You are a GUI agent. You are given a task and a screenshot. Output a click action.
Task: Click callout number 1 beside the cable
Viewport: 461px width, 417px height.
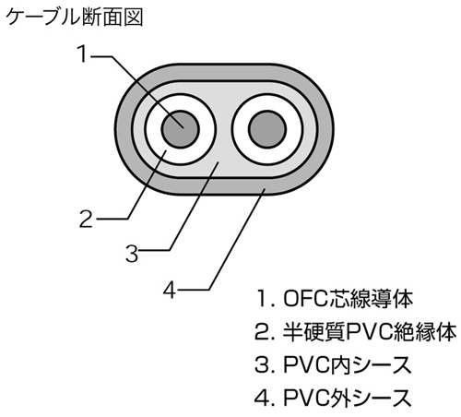click(x=84, y=55)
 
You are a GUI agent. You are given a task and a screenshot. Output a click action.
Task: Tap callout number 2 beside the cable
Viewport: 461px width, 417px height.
click(x=85, y=219)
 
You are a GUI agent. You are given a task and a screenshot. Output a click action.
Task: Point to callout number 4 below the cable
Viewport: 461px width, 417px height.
click(x=169, y=290)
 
